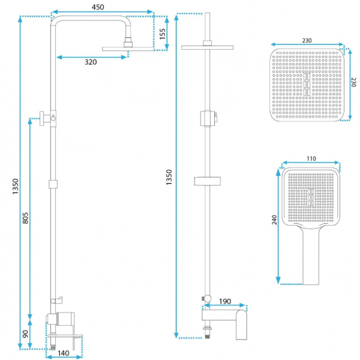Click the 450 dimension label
click(x=98, y=7)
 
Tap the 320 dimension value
click(x=91, y=62)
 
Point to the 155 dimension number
click(x=163, y=34)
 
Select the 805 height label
click(x=25, y=218)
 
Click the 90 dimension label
click(x=25, y=334)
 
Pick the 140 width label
click(x=64, y=353)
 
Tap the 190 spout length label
click(x=225, y=301)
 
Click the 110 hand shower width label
click(x=311, y=158)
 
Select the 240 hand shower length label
click(x=274, y=220)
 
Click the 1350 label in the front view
click(x=169, y=177)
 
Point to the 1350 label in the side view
click(x=15, y=187)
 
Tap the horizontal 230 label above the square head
click(x=307, y=41)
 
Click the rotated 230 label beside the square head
click(x=353, y=82)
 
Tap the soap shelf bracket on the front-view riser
click(x=208, y=181)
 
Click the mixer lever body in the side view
click(x=65, y=319)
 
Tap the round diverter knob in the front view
click(x=208, y=298)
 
